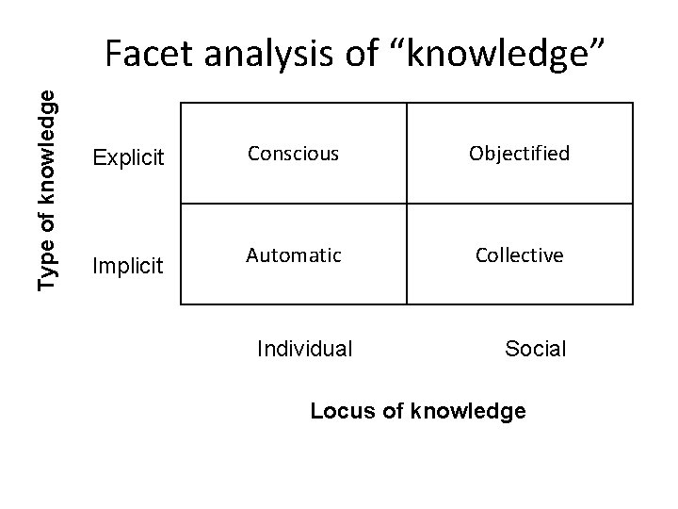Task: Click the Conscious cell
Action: point(293,154)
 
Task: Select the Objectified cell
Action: point(519,154)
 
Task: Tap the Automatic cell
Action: point(293,254)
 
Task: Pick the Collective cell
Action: point(519,254)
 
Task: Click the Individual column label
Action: point(305,349)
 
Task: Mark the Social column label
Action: point(535,349)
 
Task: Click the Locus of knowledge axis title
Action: point(418,411)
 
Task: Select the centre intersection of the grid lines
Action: point(407,204)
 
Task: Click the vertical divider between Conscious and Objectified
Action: point(407,154)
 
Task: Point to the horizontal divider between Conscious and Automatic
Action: point(293,204)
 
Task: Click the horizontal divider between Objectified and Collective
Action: point(519,204)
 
